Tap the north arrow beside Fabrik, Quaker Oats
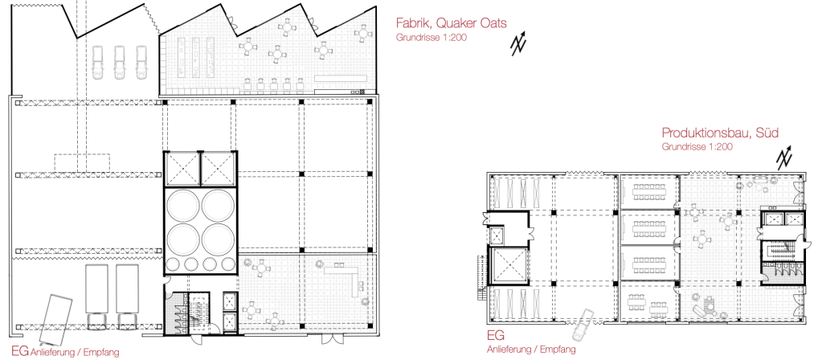tap(519, 44)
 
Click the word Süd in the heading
tap(768, 133)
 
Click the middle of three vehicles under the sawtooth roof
tap(119, 63)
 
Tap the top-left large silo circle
tap(183, 205)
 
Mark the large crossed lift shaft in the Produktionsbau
tap(509, 266)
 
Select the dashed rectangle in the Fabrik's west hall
tap(82, 162)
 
